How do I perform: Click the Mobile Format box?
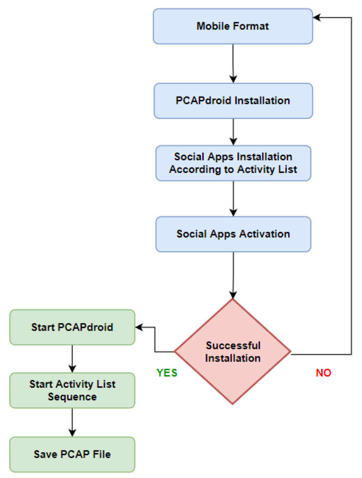click(233, 26)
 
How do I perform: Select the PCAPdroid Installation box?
click(233, 100)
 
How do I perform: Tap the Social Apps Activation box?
click(233, 234)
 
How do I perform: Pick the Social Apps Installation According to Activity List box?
click(233, 164)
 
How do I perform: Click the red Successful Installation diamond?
click(233, 352)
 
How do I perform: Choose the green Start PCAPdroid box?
click(72, 327)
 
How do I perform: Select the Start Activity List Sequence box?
click(72, 391)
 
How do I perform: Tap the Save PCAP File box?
click(72, 454)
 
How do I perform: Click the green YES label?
click(167, 373)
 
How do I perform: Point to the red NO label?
click(324, 373)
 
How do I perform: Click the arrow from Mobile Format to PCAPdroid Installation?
click(234, 63)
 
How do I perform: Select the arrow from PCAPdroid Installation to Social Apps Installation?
click(234, 132)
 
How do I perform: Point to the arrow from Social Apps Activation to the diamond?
click(234, 274)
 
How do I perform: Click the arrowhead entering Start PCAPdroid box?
click(139, 327)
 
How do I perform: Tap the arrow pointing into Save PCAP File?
click(72, 423)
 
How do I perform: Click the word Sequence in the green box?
click(72, 397)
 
